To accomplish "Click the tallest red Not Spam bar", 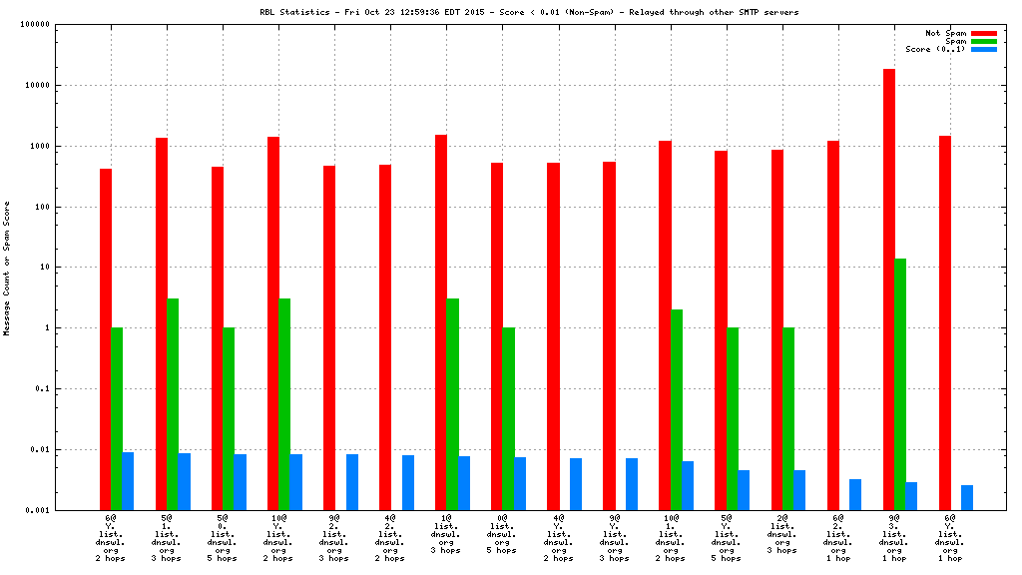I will click(x=888, y=289).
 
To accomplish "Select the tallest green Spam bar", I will click(x=900, y=384).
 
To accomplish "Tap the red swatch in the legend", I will click(x=983, y=33).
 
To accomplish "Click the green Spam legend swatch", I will click(x=983, y=41).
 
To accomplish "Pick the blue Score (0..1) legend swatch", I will click(x=983, y=49).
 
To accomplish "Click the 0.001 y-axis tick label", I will click(x=36, y=510).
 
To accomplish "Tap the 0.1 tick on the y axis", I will click(x=41, y=388).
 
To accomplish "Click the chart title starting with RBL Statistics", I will click(x=529, y=12).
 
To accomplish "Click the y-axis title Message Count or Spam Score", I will click(x=7, y=268).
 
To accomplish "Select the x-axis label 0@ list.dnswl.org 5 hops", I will click(x=502, y=534).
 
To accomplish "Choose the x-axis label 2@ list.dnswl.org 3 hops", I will click(x=781, y=534).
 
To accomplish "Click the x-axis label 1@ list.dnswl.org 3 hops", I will click(x=446, y=534).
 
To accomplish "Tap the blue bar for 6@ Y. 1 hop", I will click(x=967, y=497).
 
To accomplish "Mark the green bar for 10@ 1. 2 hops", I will click(x=677, y=409).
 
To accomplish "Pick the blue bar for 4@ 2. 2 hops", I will click(x=408, y=482).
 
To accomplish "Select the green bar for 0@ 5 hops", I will click(x=509, y=418).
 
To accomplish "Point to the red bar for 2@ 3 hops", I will click(x=776, y=329).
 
